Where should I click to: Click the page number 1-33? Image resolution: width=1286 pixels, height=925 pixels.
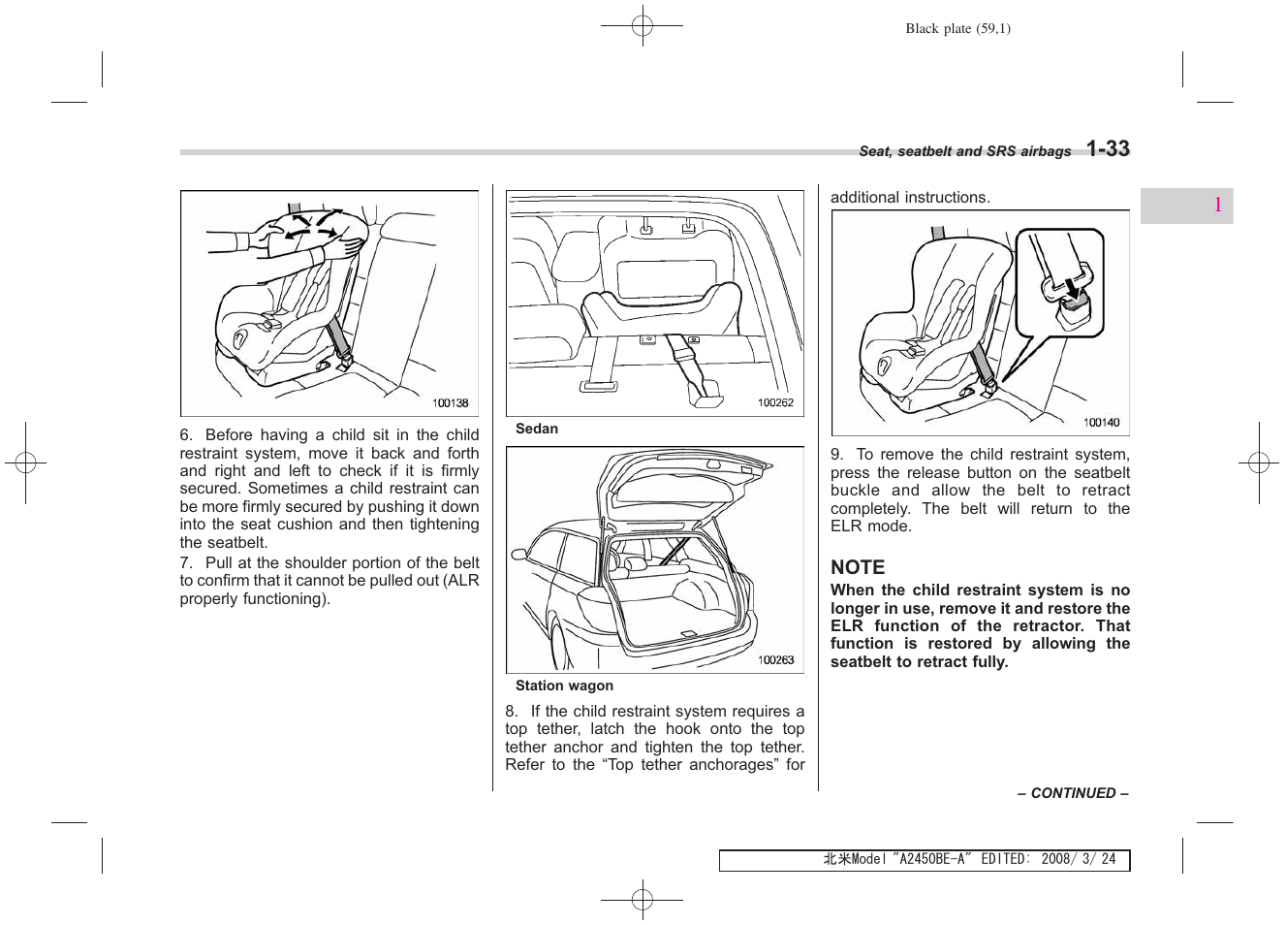coord(1107,148)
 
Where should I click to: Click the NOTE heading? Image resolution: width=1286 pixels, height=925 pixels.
coord(858,567)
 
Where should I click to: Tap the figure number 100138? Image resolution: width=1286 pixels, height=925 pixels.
coord(450,402)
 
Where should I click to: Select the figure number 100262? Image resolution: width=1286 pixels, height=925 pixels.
coord(775,402)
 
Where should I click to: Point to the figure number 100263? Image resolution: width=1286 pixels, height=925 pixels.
coord(775,660)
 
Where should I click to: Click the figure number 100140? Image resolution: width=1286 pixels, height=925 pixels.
coord(1101,422)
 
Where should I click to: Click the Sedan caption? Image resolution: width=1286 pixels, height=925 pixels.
coord(537,429)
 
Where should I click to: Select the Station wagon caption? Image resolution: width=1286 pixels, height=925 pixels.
coord(564,686)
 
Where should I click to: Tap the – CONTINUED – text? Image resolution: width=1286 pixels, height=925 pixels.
coord(1073,793)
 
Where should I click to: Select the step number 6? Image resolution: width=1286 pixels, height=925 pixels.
coord(185,435)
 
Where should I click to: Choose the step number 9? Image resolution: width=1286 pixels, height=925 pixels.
coord(836,455)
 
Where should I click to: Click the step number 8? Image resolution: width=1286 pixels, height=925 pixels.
coord(511,712)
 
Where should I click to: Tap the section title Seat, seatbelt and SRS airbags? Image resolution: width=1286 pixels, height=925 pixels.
coord(964,151)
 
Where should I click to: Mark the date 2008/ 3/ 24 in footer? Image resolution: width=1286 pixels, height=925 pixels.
coord(1082,860)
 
